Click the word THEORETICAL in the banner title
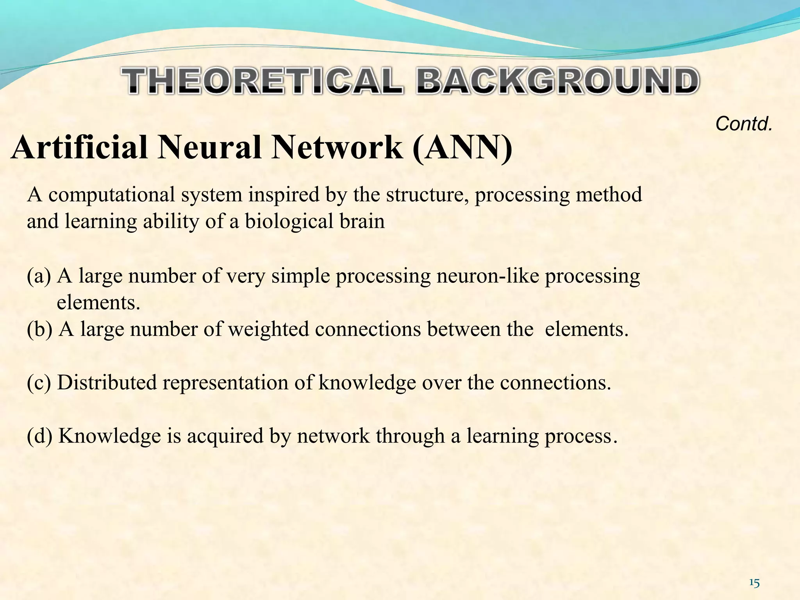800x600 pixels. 262,81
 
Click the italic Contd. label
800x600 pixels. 744,124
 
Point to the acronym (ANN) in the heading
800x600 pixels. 462,148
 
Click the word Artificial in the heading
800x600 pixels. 80,148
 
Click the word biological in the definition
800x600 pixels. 288,221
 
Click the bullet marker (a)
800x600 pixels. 39,276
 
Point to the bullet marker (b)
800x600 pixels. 39,329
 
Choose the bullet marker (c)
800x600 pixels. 39,383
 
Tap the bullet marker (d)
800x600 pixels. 39,436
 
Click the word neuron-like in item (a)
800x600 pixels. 487,276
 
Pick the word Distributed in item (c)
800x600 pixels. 107,383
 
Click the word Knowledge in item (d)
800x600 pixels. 110,436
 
